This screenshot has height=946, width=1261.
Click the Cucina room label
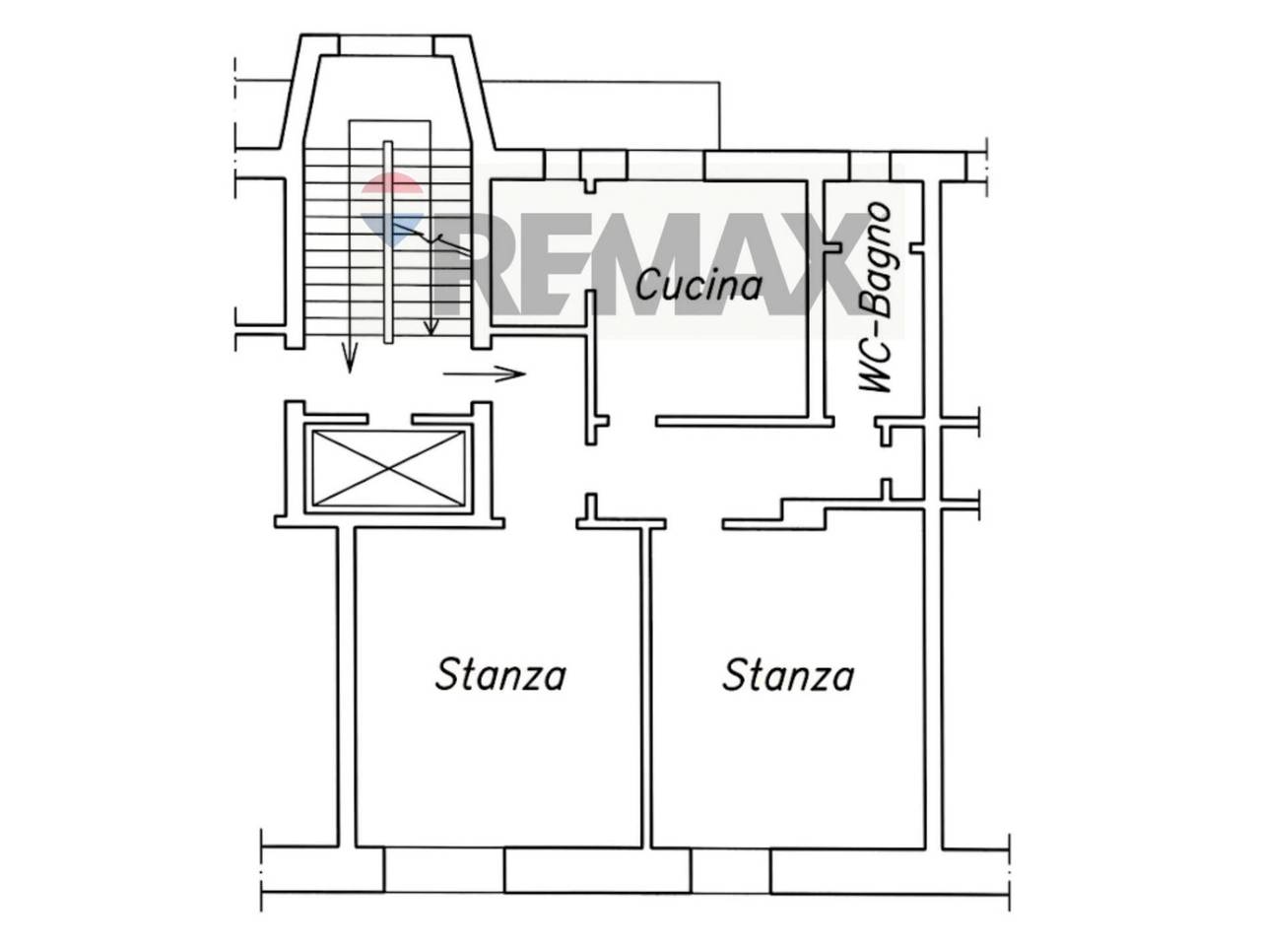[x=698, y=285]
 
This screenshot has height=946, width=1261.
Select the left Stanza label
[x=499, y=675]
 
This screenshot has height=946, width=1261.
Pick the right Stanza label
[x=787, y=675]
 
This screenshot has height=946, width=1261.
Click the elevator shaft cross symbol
[x=388, y=469]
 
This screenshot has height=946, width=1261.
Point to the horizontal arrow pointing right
[x=485, y=373]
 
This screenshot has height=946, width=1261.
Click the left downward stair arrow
[x=350, y=358]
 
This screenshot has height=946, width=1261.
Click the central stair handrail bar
[x=388, y=241]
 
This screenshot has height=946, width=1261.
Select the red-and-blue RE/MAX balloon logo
[x=392, y=205]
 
